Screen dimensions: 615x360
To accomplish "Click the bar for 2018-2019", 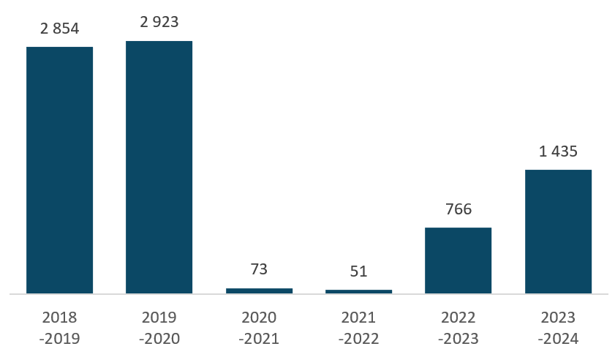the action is (60, 170).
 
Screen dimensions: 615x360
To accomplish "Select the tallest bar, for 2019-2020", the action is (159, 168).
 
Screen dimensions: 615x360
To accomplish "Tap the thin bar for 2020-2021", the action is (260, 291).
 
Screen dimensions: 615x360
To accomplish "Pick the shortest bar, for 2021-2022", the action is (359, 292).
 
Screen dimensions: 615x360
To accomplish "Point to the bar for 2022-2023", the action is (458, 260).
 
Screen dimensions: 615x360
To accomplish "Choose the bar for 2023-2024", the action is (558, 232).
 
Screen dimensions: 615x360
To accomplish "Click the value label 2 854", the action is (60, 29).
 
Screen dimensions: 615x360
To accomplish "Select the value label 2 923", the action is (159, 22).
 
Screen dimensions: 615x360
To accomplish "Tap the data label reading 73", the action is (259, 269).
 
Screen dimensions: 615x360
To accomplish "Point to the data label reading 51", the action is (358, 271).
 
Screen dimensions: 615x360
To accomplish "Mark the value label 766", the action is (459, 209).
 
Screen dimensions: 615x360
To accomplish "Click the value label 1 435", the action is (558, 151).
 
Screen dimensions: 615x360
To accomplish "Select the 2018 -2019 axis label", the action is (60, 328).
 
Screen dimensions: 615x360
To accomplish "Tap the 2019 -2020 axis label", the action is (159, 328).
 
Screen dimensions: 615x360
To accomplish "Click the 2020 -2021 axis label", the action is (259, 328).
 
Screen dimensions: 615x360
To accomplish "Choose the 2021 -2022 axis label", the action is (358, 328).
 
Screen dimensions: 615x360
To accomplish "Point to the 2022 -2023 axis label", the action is (458, 328).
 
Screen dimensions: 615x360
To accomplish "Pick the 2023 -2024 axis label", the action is (558, 328).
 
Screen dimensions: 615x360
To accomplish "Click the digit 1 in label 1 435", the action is (543, 151).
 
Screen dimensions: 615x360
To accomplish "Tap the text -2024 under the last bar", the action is (558, 338).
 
